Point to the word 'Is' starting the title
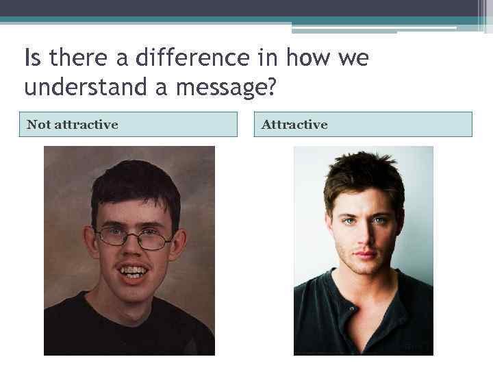click(x=32, y=58)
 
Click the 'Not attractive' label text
click(x=72, y=125)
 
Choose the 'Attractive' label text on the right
click(x=294, y=125)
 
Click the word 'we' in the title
click(x=353, y=58)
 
